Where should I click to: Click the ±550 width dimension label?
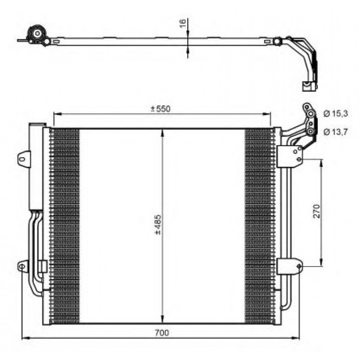(161, 109)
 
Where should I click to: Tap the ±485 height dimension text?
(158, 225)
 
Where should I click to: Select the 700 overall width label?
(161, 332)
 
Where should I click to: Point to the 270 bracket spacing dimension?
(316, 211)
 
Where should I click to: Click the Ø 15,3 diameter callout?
(336, 114)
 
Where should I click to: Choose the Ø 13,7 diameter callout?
(336, 132)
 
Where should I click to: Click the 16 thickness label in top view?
(182, 23)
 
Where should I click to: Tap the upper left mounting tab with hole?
(24, 158)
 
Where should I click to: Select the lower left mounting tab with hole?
(23, 267)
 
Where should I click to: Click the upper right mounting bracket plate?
(290, 156)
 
